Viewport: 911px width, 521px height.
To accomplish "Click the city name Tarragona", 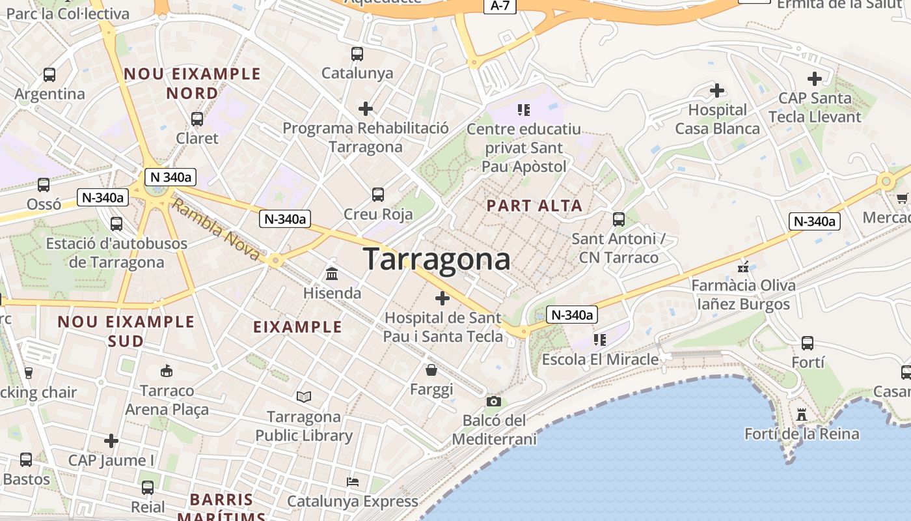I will pos(437,259).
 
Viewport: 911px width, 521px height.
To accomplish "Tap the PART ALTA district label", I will pos(534,206).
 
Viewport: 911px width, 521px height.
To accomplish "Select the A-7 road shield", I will pos(500,6).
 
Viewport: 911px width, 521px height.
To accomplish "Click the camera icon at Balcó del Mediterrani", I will pos(494,401).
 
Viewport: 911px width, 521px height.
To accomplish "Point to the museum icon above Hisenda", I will pos(332,274).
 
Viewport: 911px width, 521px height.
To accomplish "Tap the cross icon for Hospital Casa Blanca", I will pos(717,90).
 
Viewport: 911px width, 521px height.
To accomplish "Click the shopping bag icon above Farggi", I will pos(431,371).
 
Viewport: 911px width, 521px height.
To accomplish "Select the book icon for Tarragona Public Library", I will pos(303,397).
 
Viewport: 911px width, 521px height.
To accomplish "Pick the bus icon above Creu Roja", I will pos(377,194).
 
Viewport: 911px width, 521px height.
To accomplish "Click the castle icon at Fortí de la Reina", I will pos(802,414).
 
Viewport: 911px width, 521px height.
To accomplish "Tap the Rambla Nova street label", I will pos(216,231).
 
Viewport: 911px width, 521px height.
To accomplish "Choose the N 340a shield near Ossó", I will pos(170,176).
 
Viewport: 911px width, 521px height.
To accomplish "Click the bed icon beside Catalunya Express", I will pos(353,482).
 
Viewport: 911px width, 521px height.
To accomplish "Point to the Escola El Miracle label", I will pos(600,359).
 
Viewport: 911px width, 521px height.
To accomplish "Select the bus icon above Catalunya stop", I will pos(357,53).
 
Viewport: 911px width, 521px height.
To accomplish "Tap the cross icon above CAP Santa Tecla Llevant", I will pos(814,79).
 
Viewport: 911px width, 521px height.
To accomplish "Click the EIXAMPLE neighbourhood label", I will pos(297,327).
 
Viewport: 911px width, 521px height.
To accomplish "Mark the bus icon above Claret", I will pos(197,119).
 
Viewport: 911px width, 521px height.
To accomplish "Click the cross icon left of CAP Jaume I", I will pos(111,441).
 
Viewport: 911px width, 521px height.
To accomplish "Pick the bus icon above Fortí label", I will pos(808,343).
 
